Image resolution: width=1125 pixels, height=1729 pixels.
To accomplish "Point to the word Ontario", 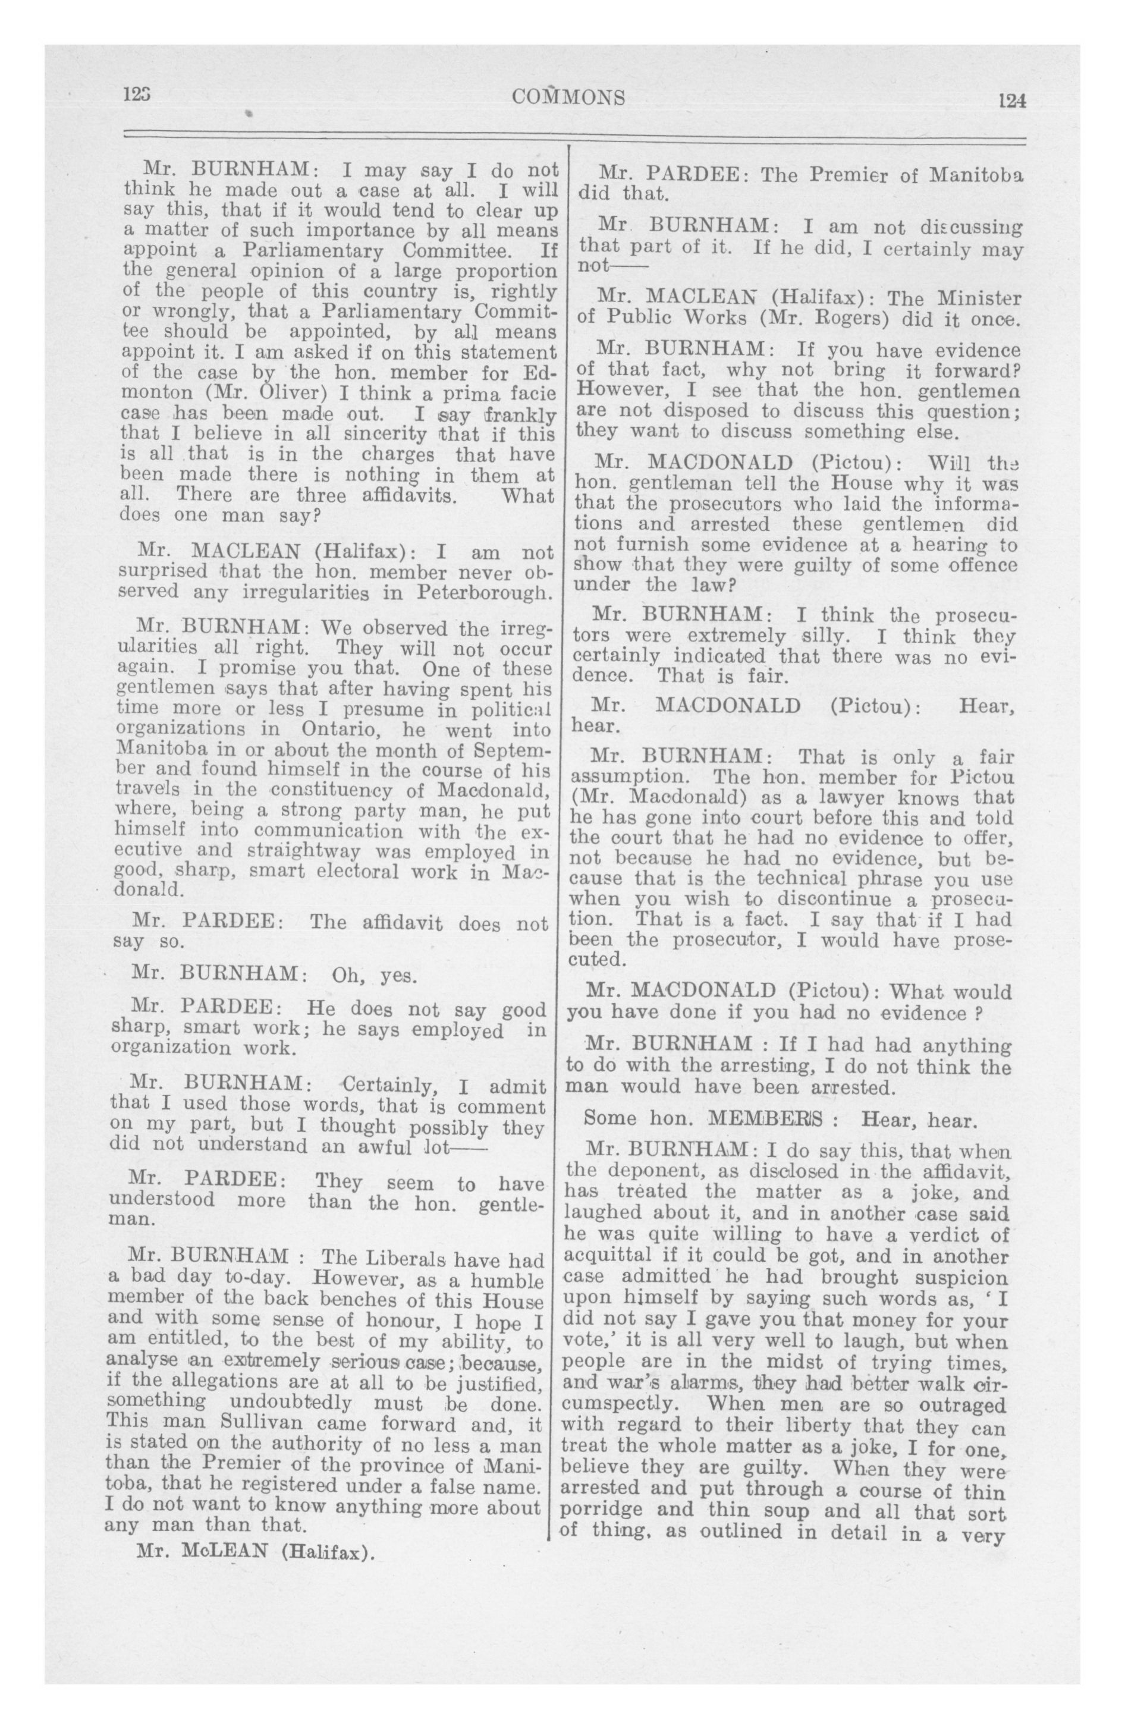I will tap(336, 729).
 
